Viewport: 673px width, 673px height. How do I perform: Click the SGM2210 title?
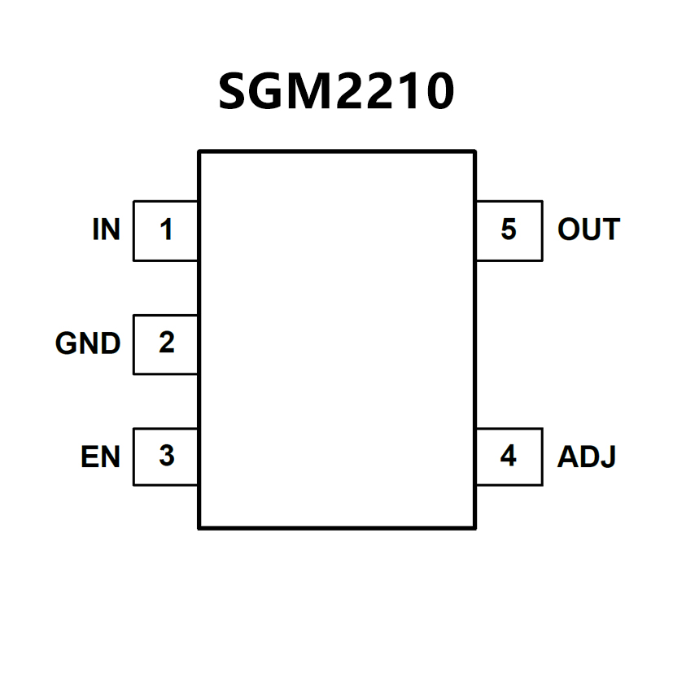coord(336,91)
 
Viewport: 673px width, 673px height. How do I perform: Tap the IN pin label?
coord(106,230)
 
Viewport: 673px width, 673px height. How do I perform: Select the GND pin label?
coord(88,343)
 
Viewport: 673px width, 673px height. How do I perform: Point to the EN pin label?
coord(100,457)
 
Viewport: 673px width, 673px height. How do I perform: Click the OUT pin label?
coord(588,230)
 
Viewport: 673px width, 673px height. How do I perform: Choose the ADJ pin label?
coord(586,457)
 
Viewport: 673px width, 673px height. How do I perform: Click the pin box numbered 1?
coord(166,230)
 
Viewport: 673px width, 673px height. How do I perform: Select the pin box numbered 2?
coord(166,343)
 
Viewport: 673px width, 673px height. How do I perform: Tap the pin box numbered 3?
coord(166,456)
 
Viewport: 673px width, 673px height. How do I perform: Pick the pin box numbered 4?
coord(509,456)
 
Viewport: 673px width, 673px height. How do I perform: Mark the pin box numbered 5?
coord(509,230)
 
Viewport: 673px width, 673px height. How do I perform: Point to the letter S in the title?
coord(234,92)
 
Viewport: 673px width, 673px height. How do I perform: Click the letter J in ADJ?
coord(608,457)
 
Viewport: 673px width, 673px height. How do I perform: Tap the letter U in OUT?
coord(589,230)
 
